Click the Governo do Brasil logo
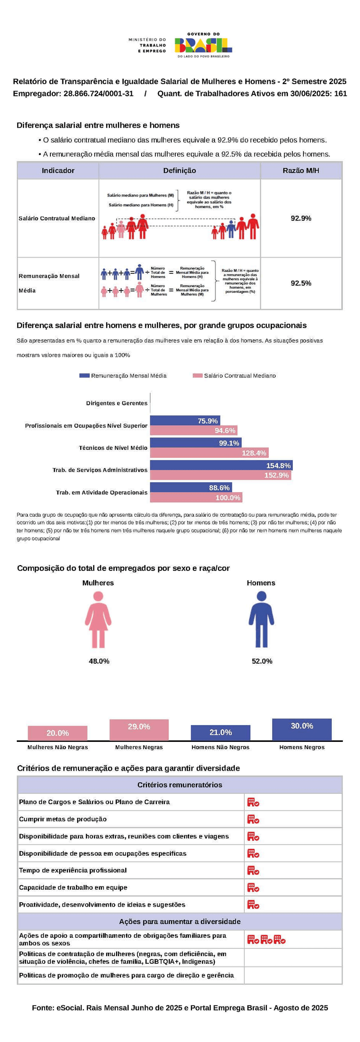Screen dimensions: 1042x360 [x=203, y=45]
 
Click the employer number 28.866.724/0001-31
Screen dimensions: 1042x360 [x=98, y=94]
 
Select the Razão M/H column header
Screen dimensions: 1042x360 [x=301, y=170]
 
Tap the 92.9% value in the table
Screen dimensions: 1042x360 [x=301, y=218]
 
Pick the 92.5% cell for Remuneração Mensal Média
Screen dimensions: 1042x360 [x=301, y=283]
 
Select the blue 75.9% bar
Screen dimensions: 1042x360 [x=185, y=421]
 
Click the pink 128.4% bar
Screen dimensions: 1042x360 [x=209, y=453]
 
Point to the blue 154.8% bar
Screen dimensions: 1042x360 [x=221, y=465]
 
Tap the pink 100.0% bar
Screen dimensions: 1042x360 [x=196, y=497]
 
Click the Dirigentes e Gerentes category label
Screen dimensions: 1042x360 [x=117, y=403]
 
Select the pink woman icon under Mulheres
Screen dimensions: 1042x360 [x=98, y=619]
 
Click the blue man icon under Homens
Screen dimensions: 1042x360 [x=261, y=619]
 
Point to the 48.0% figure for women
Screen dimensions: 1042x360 [x=99, y=661]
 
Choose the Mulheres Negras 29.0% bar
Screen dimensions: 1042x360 [x=139, y=730]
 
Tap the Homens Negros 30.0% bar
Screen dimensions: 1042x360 [x=302, y=729]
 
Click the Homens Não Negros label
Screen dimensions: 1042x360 [x=220, y=747]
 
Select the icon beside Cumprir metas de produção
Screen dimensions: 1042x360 [x=253, y=819]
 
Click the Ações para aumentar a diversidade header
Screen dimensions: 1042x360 [x=180, y=921]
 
